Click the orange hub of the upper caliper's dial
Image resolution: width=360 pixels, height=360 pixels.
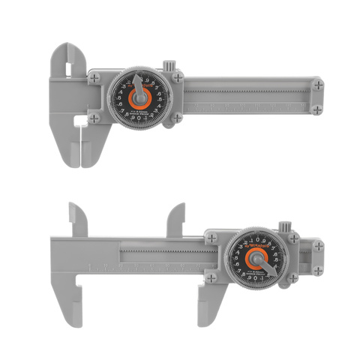click(x=139, y=97)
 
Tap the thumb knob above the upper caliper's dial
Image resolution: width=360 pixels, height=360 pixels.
click(x=169, y=64)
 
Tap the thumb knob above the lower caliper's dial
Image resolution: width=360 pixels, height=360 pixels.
click(x=286, y=227)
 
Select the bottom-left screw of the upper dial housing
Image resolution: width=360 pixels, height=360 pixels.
click(x=94, y=118)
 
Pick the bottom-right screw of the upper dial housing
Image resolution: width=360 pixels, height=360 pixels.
click(x=177, y=118)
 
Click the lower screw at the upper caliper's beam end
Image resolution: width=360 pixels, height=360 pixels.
click(x=318, y=109)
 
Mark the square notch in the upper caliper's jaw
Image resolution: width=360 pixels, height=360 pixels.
click(x=80, y=118)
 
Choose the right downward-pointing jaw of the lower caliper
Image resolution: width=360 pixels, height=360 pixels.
click(x=203, y=304)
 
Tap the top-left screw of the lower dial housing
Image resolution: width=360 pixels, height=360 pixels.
click(x=215, y=238)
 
